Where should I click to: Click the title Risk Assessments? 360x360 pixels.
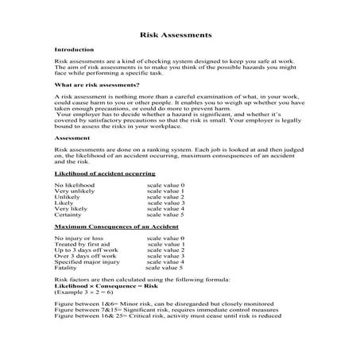click(x=175, y=36)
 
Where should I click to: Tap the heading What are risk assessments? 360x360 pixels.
click(x=97, y=83)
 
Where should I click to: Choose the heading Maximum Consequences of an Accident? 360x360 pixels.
click(x=110, y=227)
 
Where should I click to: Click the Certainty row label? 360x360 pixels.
click(x=70, y=215)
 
